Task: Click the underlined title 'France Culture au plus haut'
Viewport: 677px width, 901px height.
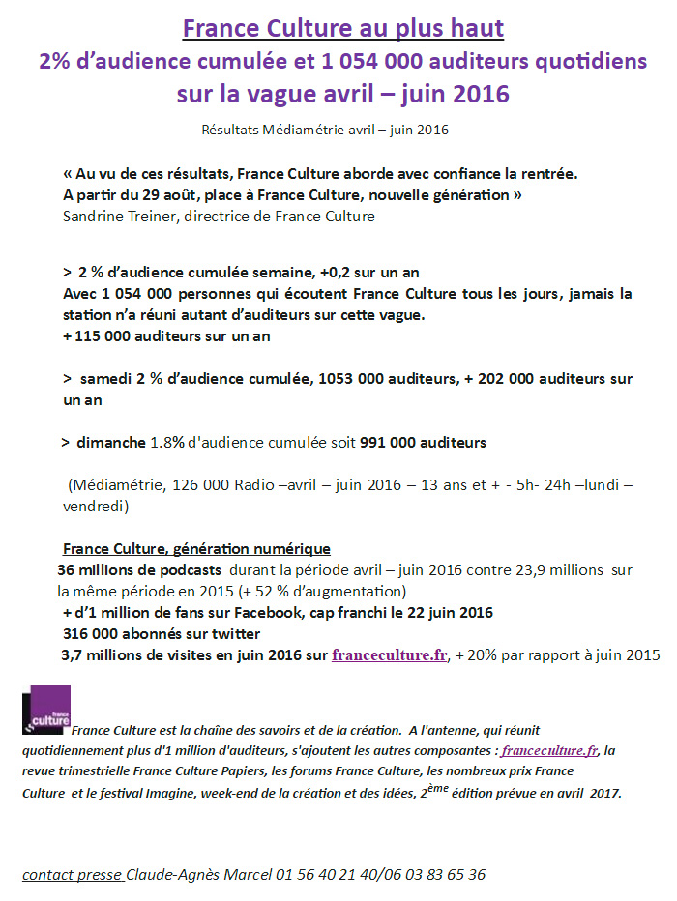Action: point(343,28)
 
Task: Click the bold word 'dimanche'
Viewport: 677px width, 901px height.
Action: point(111,442)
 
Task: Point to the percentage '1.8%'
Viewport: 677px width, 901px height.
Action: point(168,442)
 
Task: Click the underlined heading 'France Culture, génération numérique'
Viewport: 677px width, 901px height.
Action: point(196,548)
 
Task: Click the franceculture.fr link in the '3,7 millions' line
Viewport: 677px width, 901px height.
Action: point(390,655)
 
